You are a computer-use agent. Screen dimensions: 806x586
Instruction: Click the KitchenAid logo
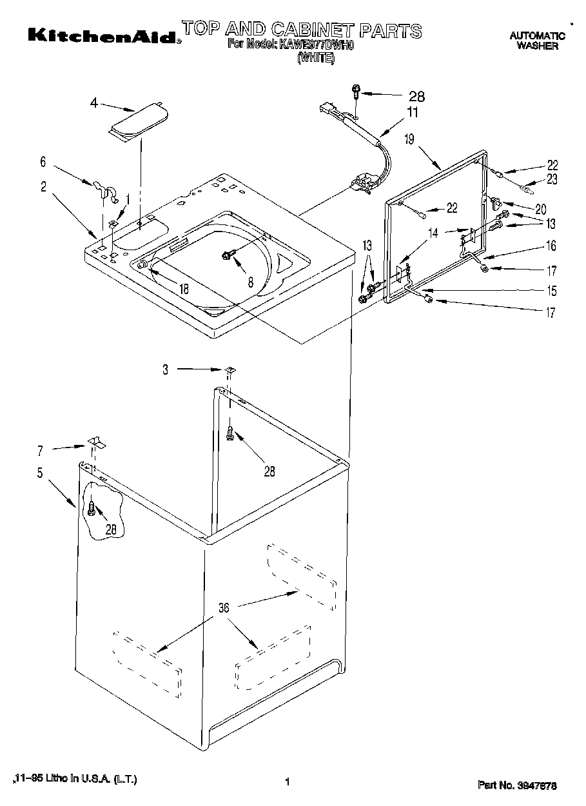(103, 35)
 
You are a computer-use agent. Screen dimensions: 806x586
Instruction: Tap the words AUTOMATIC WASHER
(537, 41)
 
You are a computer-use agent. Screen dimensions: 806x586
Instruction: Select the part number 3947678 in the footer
(518, 785)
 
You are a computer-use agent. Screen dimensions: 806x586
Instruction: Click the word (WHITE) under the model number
(315, 57)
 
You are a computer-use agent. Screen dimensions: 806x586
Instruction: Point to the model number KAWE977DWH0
(317, 44)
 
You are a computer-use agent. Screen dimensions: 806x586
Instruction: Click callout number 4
(94, 103)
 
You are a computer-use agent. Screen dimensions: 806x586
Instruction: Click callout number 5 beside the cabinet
(40, 473)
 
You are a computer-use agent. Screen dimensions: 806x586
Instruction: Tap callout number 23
(552, 180)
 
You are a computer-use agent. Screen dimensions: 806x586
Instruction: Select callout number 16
(552, 246)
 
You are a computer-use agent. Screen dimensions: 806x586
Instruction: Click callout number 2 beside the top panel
(43, 187)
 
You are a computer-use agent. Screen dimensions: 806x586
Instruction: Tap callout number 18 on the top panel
(184, 290)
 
